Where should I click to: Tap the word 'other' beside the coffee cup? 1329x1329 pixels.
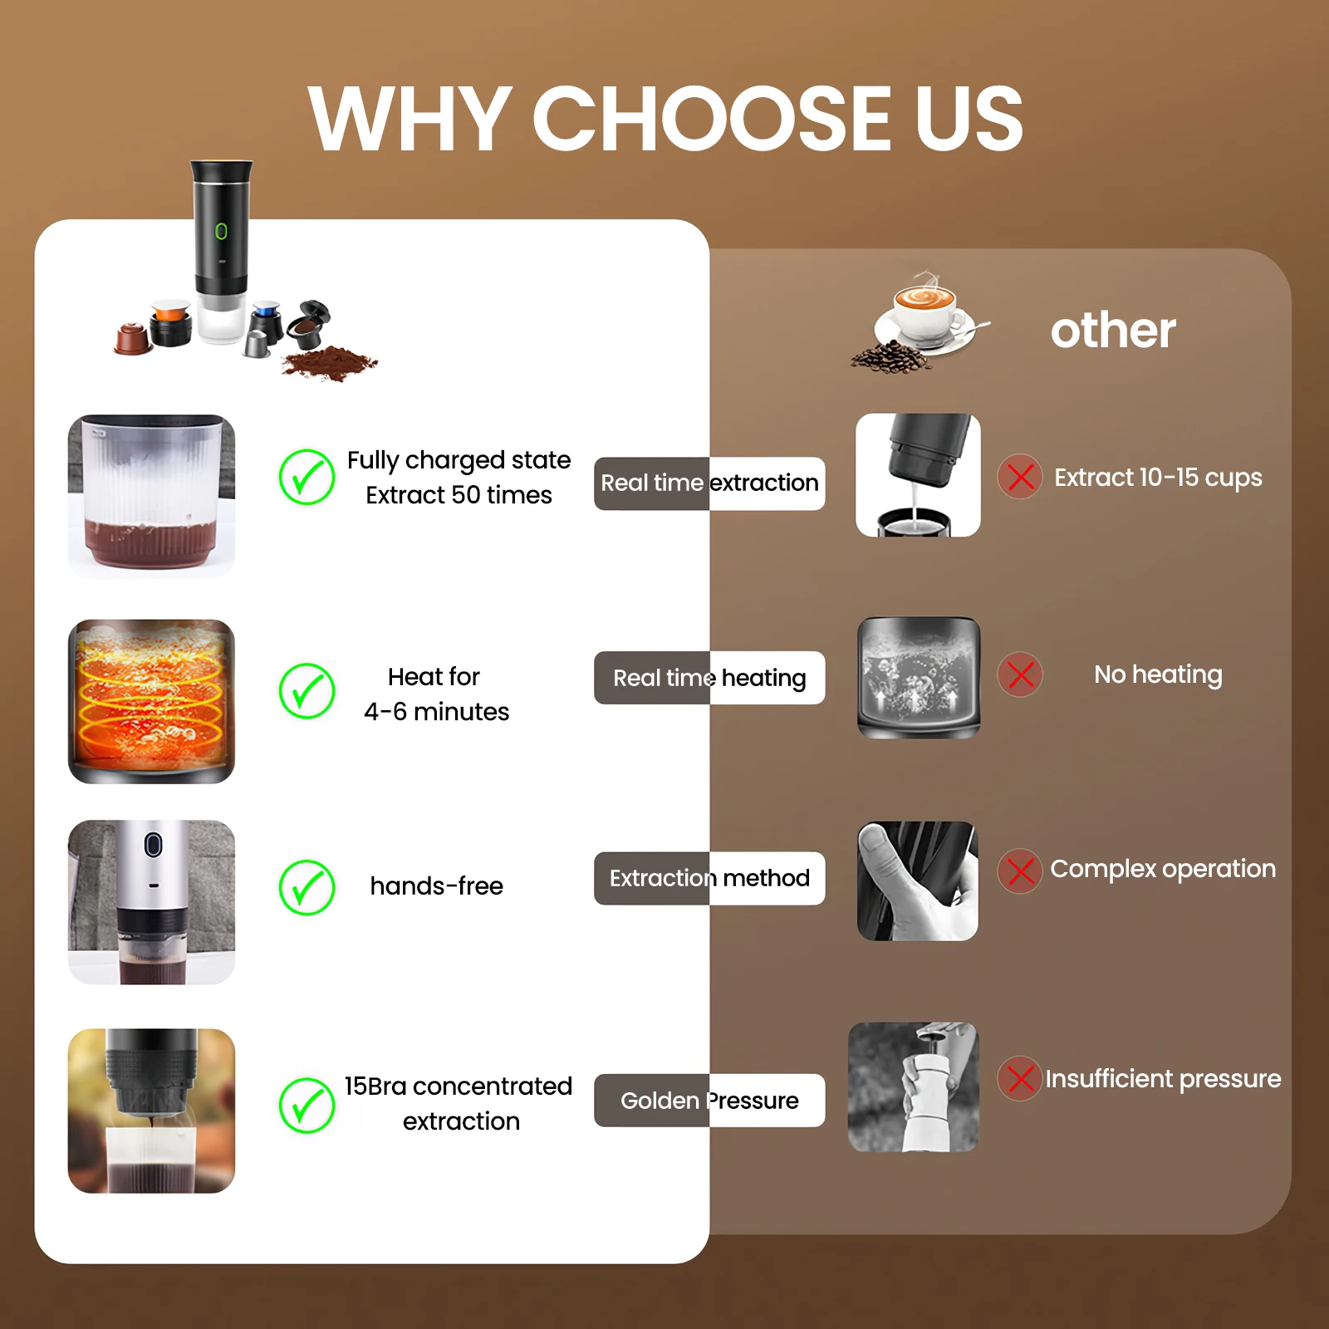tap(1112, 331)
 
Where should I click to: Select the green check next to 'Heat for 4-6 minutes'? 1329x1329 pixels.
tap(307, 690)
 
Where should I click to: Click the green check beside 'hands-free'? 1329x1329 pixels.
tap(307, 886)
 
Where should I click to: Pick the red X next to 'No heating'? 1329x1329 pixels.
tap(1020, 674)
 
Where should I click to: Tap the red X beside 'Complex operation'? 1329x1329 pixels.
tap(1020, 870)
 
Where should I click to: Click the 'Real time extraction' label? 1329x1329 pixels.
tap(709, 483)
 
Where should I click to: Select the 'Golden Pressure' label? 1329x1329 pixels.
tap(709, 1101)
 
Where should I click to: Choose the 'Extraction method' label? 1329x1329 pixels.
tap(709, 878)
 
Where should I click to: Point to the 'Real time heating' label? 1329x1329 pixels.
tap(709, 678)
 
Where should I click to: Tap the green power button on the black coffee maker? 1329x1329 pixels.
tap(221, 231)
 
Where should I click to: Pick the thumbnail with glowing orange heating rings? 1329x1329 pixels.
tap(151, 701)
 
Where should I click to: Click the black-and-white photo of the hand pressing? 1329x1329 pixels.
tap(917, 880)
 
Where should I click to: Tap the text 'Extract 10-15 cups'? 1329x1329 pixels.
tap(1157, 478)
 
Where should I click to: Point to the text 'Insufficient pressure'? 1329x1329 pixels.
tap(1162, 1079)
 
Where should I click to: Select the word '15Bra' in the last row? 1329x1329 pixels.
tap(375, 1086)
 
